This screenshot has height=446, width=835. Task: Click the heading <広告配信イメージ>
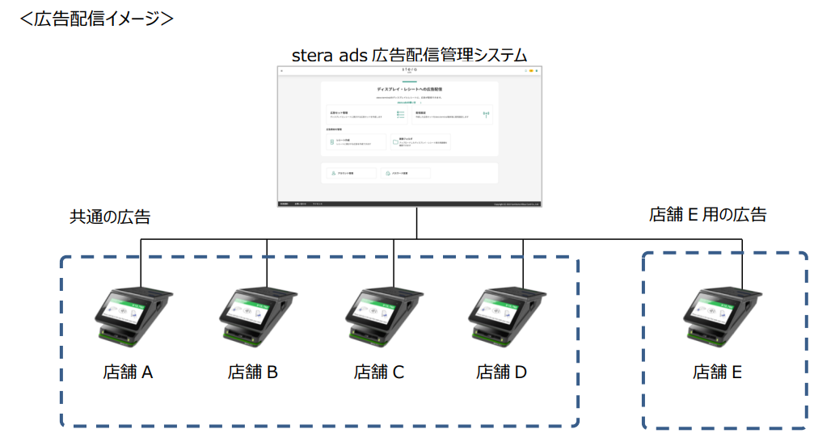pyautogui.click(x=96, y=18)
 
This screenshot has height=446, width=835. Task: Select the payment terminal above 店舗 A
pyautogui.click(x=133, y=316)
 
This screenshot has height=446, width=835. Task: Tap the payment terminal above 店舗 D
pyautogui.click(x=511, y=316)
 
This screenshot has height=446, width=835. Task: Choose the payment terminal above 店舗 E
pyautogui.click(x=722, y=316)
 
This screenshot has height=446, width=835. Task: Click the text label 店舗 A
pyautogui.click(x=128, y=372)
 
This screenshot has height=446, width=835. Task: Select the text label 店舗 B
pyautogui.click(x=253, y=372)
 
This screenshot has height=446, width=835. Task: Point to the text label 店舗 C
pyautogui.click(x=379, y=372)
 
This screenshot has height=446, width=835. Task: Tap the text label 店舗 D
pyautogui.click(x=502, y=372)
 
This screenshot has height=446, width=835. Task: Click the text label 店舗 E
pyautogui.click(x=717, y=372)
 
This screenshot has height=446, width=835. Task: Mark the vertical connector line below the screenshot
pyautogui.click(x=417, y=224)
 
